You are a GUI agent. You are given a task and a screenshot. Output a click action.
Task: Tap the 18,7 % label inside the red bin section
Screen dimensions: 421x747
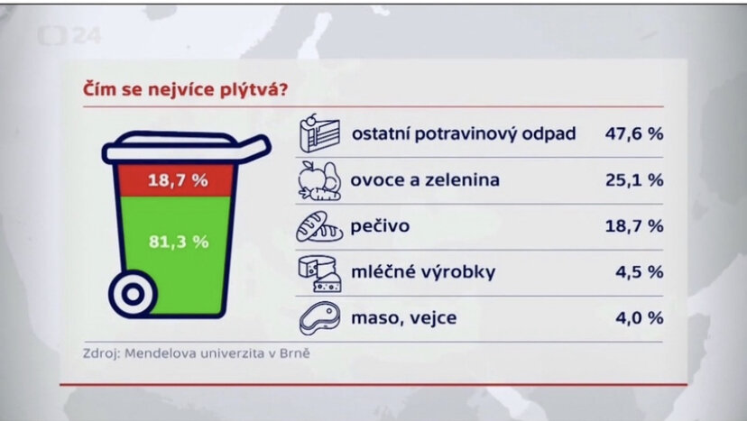[178, 180]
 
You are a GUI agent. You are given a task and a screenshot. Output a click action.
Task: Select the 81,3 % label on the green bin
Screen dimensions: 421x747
[178, 242]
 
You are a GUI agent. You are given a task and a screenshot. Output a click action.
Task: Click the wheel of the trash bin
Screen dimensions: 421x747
[133, 293]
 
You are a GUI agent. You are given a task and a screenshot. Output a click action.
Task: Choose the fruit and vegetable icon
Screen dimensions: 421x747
[320, 180]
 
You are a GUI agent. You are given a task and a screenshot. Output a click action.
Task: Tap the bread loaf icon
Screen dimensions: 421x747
[320, 226]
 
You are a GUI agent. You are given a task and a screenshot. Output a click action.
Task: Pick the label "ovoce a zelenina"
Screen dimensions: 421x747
[425, 180]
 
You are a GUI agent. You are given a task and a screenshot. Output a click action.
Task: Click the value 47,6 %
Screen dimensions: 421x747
[633, 134]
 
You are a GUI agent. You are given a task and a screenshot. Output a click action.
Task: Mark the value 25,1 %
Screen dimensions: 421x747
[633, 180]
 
